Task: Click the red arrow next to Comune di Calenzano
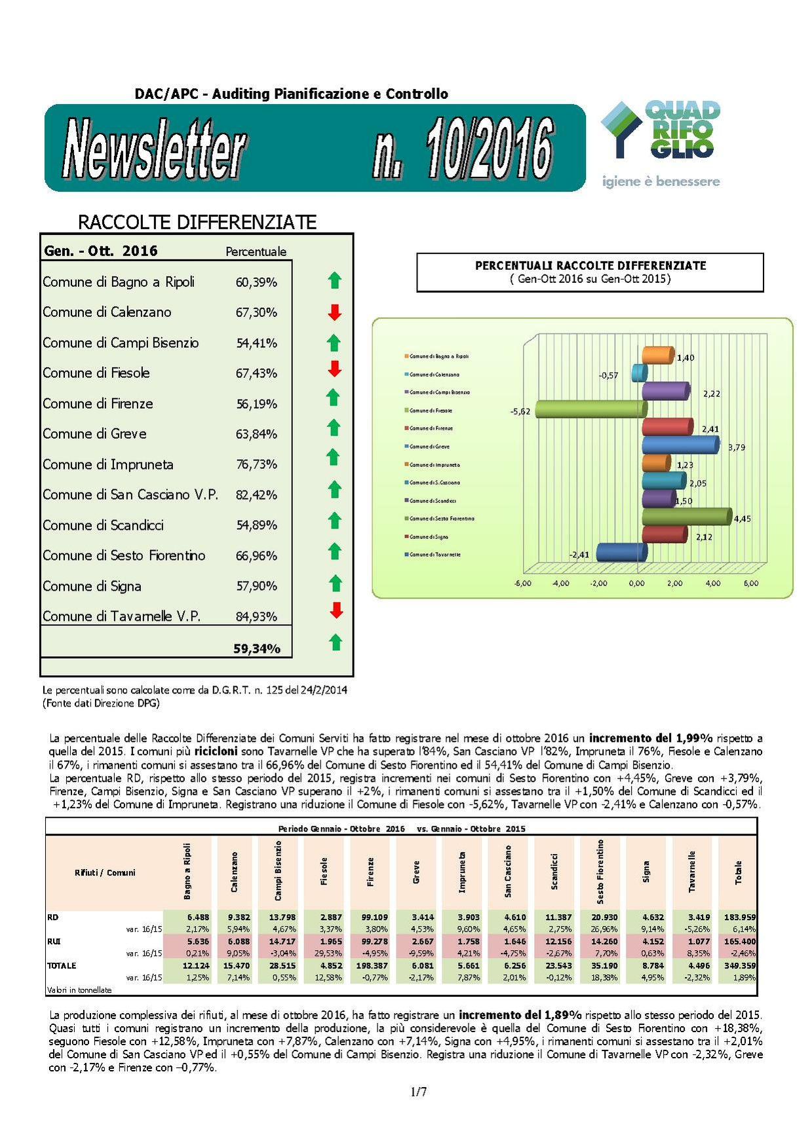pyautogui.click(x=334, y=312)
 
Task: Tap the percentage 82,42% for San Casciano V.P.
pyautogui.click(x=256, y=495)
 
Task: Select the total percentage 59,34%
pyautogui.click(x=257, y=649)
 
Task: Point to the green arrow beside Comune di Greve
pyautogui.click(x=334, y=428)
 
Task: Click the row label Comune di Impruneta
pyautogui.click(x=108, y=464)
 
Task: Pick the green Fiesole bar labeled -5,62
pyautogui.click(x=590, y=409)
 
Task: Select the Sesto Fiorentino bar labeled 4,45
pyautogui.click(x=686, y=517)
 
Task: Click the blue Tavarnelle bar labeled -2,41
pyautogui.click(x=621, y=553)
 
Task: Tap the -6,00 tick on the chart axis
pyautogui.click(x=522, y=583)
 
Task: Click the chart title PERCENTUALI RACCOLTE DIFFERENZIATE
pyautogui.click(x=590, y=266)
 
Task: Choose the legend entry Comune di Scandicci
pyautogui.click(x=433, y=501)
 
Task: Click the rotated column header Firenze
pyautogui.click(x=370, y=872)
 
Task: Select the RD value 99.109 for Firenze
pyautogui.click(x=374, y=917)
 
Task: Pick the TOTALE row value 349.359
pyautogui.click(x=739, y=966)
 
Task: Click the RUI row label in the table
pyautogui.click(x=54, y=942)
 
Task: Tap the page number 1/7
pyautogui.click(x=418, y=1092)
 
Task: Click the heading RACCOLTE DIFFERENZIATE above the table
pyautogui.click(x=197, y=222)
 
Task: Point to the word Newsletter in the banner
pyautogui.click(x=155, y=148)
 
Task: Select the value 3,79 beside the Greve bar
pyautogui.click(x=736, y=448)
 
